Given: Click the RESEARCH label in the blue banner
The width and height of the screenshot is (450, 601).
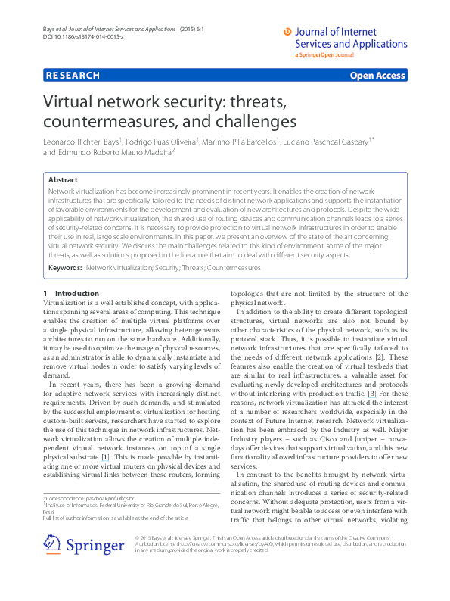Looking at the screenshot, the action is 73,76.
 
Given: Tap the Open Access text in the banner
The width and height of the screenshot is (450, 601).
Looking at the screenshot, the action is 377,76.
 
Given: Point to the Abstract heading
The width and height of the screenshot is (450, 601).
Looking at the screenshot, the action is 63,180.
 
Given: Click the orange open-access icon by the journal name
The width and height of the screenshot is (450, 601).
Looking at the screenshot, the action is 287,32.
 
